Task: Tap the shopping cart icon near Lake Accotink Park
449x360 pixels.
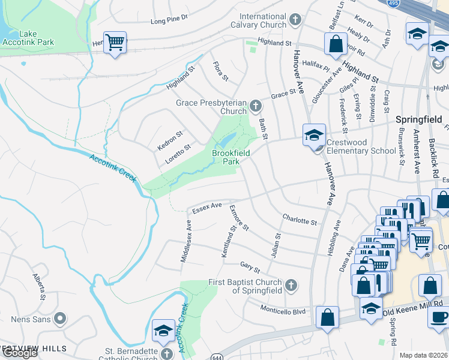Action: [x=115, y=43]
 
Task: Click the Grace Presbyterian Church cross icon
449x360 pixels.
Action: [x=256, y=107]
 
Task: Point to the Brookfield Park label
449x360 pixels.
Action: [x=231, y=157]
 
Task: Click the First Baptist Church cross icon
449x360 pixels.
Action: [x=291, y=284]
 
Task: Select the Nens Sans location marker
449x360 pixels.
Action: [x=59, y=318]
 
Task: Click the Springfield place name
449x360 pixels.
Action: [x=418, y=119]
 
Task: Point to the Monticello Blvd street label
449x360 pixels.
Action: [x=283, y=310]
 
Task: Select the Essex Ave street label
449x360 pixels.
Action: [x=207, y=208]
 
